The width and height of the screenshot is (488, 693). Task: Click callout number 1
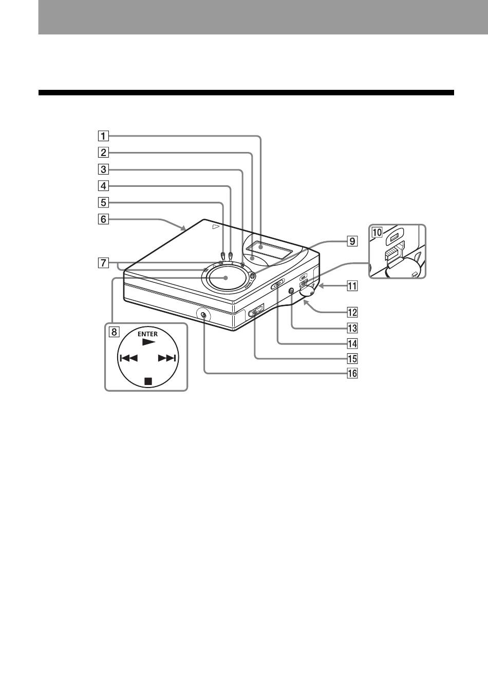click(x=103, y=136)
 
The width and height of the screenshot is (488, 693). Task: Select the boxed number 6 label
click(x=103, y=219)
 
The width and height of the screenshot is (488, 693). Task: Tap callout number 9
click(x=352, y=241)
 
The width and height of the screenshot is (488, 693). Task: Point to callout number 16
click(x=352, y=373)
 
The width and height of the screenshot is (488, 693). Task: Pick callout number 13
click(x=352, y=328)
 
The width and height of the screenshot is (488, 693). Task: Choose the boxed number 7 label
click(x=103, y=263)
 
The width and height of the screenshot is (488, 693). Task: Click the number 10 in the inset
click(x=377, y=232)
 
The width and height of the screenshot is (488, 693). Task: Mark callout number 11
click(x=352, y=285)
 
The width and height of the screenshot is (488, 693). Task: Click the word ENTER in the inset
click(x=148, y=334)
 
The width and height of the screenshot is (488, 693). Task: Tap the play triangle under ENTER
click(x=148, y=342)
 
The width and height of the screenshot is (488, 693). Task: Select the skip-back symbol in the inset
click(x=128, y=358)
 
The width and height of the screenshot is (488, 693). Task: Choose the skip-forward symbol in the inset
click(x=167, y=358)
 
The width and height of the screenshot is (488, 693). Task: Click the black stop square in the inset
click(x=148, y=381)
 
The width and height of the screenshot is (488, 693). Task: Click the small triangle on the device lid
click(x=216, y=227)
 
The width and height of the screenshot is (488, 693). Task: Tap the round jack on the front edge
click(x=203, y=315)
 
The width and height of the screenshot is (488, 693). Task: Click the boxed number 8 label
click(x=114, y=332)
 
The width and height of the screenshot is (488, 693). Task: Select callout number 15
click(x=352, y=359)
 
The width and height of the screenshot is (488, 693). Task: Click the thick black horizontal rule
click(x=246, y=92)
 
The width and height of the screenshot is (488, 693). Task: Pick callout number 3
click(x=103, y=169)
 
